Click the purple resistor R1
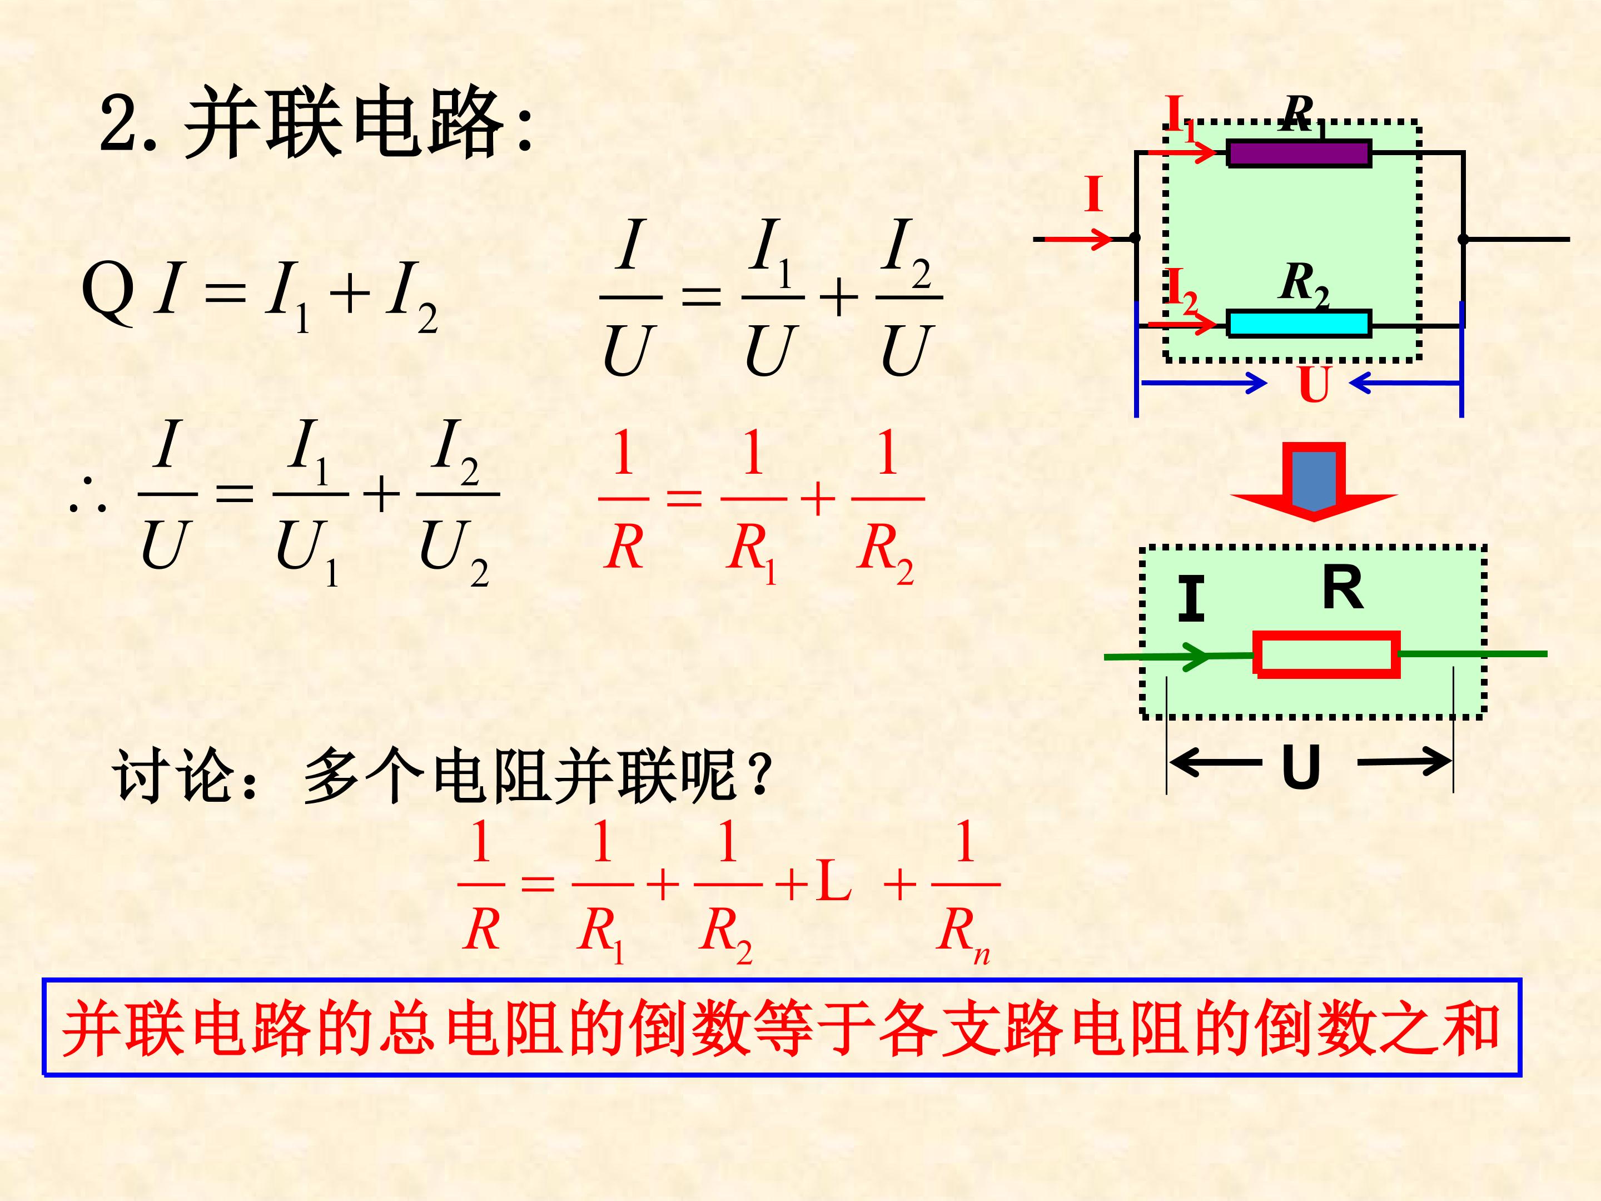(1299, 153)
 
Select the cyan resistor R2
(1299, 324)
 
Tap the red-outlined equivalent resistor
(1327, 654)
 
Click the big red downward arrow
(1314, 482)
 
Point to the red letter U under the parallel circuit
(1314, 384)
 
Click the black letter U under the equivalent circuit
(1301, 766)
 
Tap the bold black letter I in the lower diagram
(1191, 599)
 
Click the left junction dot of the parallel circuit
(1135, 238)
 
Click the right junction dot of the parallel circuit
(1463, 238)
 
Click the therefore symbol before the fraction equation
(88, 496)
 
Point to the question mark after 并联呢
(758, 771)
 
